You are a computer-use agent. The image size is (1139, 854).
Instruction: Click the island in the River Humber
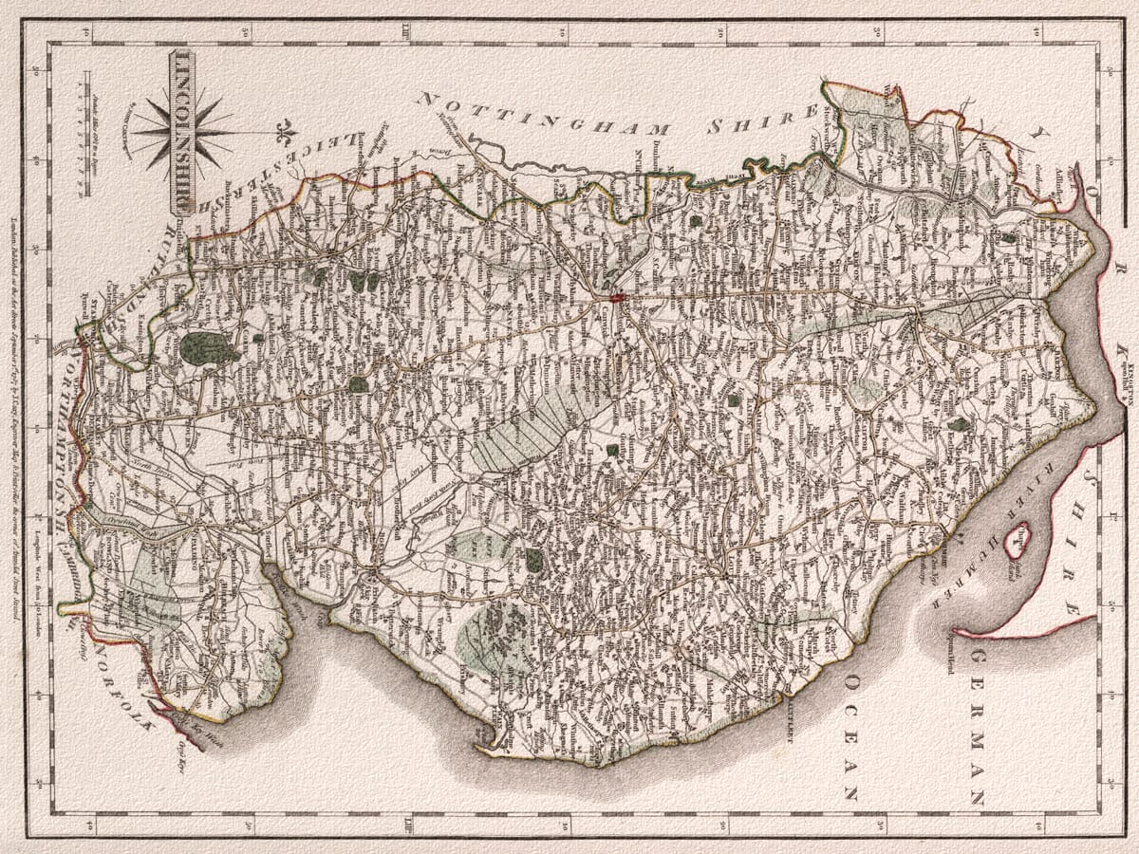1017,539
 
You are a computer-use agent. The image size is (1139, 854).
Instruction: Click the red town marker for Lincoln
616,299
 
